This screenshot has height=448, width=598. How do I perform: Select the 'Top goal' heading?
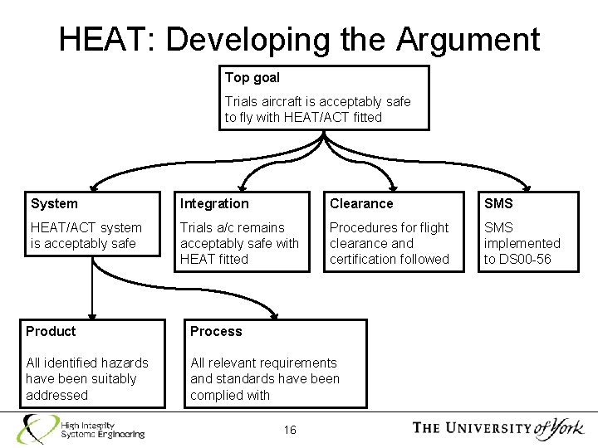[x=252, y=78]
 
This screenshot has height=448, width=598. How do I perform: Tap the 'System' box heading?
[x=54, y=203]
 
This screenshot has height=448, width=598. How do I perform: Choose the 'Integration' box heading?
[x=214, y=203]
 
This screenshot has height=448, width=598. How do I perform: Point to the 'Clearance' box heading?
[x=361, y=203]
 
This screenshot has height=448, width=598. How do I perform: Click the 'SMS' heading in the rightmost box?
[x=498, y=203]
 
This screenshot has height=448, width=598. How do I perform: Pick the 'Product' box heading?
[x=51, y=331]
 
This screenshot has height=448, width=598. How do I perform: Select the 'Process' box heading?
[x=216, y=331]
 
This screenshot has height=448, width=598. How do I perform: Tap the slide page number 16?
[x=290, y=429]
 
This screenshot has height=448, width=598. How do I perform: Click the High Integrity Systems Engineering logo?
[x=83, y=427]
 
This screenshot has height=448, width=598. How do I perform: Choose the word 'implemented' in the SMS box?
[x=522, y=243]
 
